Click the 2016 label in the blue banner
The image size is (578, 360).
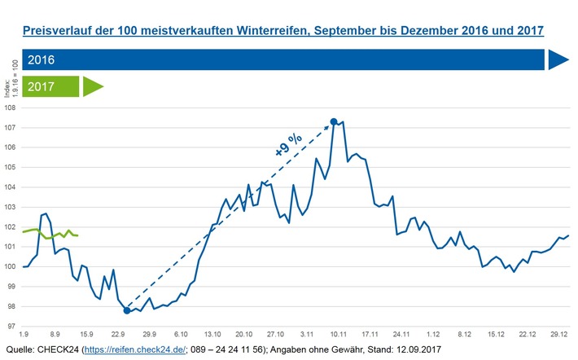40,60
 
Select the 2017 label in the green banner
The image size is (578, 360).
40,86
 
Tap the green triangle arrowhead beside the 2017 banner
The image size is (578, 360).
93,86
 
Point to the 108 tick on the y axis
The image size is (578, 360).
11,108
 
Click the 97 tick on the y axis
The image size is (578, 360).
11,327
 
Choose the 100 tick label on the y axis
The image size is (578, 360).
11,267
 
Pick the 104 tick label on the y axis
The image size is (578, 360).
11,187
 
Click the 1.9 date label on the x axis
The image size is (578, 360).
24,334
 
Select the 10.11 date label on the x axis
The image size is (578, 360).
338,334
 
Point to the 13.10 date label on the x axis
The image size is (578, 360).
213,334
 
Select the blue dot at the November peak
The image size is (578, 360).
334,122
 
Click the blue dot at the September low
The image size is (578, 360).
127,310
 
